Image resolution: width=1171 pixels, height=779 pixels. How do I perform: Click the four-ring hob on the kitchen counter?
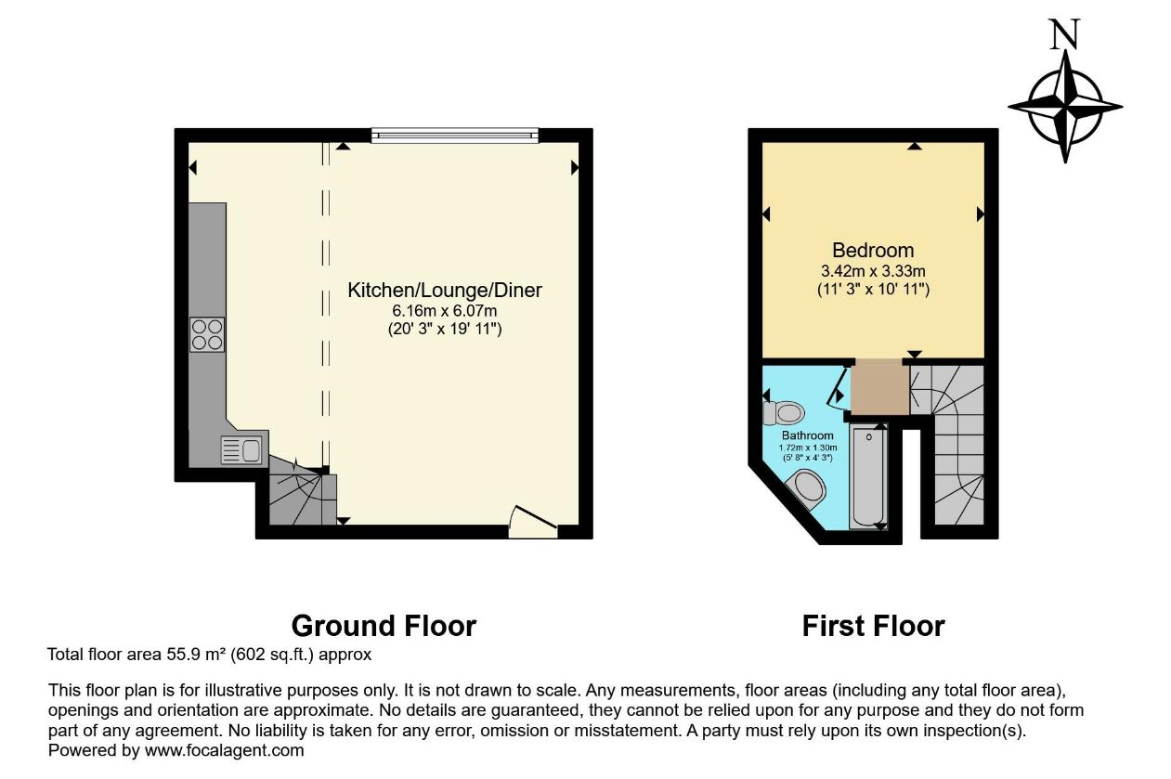point(207,334)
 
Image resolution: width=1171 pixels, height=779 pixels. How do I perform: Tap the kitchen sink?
point(241,450)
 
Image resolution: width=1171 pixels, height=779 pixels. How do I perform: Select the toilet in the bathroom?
point(783,412)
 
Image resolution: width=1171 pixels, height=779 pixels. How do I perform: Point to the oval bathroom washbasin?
point(807,487)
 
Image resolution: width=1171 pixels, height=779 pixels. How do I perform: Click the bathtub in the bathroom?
point(868,476)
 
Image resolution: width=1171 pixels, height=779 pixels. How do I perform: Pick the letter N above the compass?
point(1064,34)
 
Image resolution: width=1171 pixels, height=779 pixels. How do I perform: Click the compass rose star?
point(1065,107)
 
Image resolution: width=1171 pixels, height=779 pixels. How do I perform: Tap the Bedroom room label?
point(873,251)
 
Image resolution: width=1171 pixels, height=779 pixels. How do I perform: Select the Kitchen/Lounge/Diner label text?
point(445,291)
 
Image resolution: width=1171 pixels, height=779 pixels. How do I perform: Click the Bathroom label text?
point(808,435)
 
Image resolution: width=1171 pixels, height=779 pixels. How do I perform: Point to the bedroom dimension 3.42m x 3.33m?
point(873,271)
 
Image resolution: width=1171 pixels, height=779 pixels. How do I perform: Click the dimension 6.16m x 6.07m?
point(445,310)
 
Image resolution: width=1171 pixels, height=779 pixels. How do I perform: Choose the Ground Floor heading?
point(384,626)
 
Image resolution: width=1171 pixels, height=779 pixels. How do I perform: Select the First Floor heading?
point(874,626)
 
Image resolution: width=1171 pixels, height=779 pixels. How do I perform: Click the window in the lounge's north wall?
point(455,136)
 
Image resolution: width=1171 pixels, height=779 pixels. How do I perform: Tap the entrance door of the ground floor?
point(533,521)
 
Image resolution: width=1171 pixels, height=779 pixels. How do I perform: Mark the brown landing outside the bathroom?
point(879,387)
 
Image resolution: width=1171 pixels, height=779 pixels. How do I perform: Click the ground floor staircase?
point(303,494)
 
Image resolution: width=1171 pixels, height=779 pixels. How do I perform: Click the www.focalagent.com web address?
point(225,750)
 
